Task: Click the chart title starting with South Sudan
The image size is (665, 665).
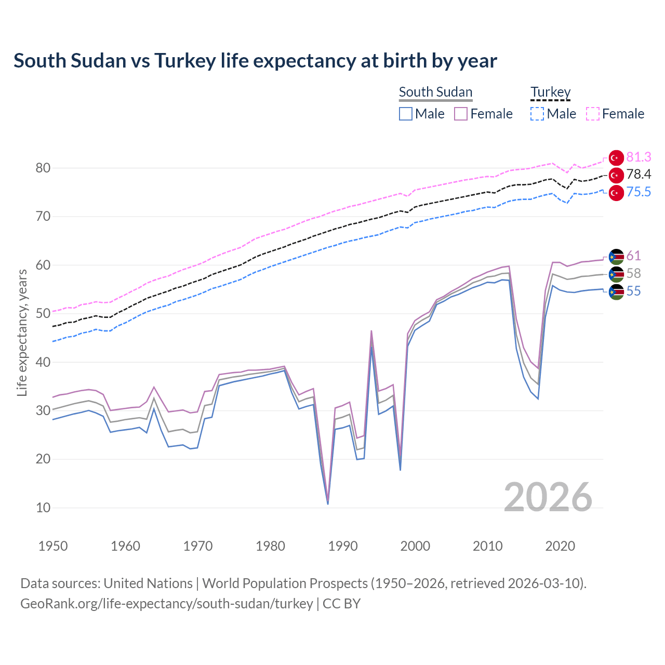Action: tap(255, 61)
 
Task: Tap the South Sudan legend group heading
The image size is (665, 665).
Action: tap(435, 92)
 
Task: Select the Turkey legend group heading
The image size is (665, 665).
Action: tap(550, 92)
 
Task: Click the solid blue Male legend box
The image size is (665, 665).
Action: tap(406, 114)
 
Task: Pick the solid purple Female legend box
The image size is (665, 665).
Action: tap(461, 114)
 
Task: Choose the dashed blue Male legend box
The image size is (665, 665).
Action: tap(537, 114)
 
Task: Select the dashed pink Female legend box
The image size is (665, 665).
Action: tap(593, 114)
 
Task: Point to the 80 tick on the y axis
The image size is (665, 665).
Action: tap(43, 168)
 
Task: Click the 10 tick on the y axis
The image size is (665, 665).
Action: tap(43, 508)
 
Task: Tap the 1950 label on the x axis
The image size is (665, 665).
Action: tap(53, 546)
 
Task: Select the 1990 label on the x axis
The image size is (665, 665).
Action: tap(343, 546)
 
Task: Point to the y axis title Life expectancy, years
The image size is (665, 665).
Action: tap(22, 332)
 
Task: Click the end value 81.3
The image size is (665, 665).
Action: tap(639, 157)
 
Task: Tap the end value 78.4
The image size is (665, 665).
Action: tap(639, 175)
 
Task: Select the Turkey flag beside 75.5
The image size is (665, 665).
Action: tap(616, 193)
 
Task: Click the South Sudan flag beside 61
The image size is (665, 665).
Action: tap(616, 257)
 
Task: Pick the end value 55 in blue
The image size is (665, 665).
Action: tap(633, 291)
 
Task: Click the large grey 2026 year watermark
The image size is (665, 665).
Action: tap(548, 497)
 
